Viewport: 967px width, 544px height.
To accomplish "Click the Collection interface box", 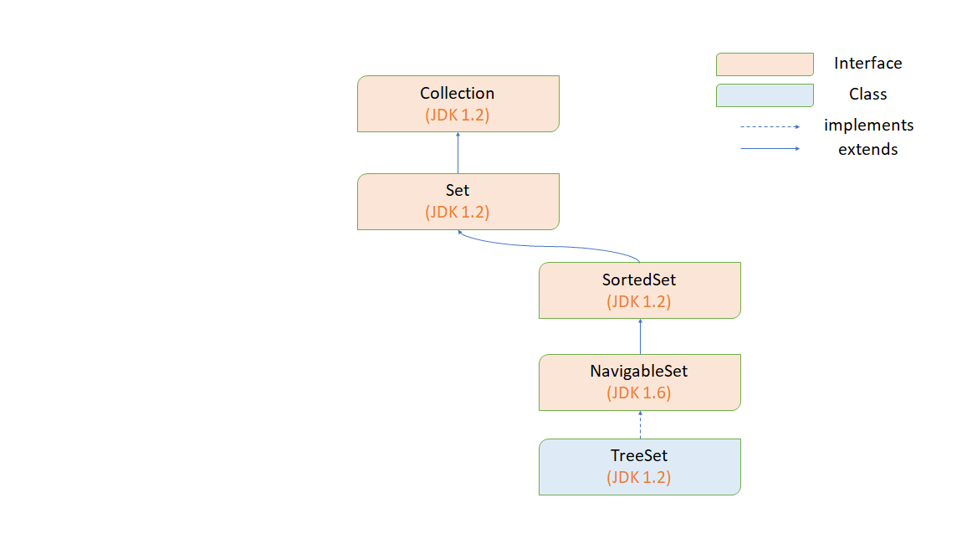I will [x=458, y=104].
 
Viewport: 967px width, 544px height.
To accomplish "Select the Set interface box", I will [x=458, y=201].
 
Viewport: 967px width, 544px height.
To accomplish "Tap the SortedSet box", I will [x=639, y=290].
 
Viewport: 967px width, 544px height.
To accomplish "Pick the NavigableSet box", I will [x=639, y=382].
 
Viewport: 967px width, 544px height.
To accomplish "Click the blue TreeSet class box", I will [x=639, y=466].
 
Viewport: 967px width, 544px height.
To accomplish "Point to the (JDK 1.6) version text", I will [x=639, y=393].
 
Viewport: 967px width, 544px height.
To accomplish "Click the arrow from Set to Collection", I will [x=458, y=152].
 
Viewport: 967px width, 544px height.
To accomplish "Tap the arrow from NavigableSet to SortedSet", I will [x=640, y=336].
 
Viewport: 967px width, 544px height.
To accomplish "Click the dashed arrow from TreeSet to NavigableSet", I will [x=640, y=424].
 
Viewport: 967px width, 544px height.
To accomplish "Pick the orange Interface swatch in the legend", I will [x=765, y=64].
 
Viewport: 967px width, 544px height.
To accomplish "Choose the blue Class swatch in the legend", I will [x=765, y=95].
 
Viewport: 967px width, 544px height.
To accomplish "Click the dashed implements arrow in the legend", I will [x=770, y=126].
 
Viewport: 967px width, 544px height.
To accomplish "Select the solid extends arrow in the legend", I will [x=770, y=150].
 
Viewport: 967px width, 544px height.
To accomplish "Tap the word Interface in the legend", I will [x=867, y=64].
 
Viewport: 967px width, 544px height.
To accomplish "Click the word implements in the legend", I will [x=868, y=126].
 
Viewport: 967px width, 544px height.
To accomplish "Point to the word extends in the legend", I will [x=867, y=150].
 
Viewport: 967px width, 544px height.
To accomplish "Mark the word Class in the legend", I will [x=867, y=95].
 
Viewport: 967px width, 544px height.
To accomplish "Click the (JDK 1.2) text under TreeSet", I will [x=639, y=478].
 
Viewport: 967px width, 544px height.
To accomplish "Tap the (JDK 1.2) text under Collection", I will [x=458, y=115].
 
